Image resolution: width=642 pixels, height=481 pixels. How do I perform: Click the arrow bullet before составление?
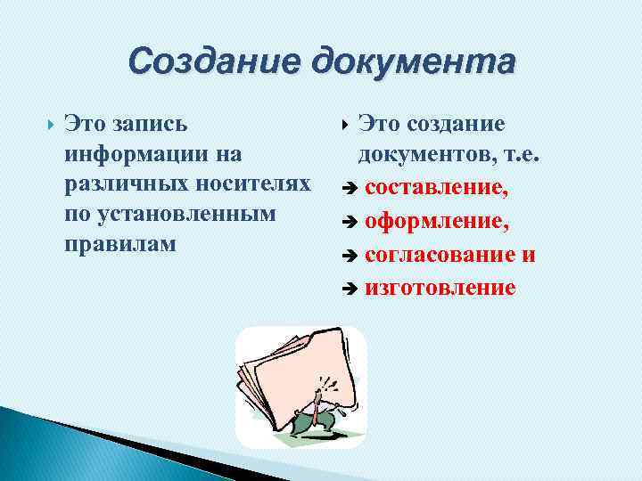350,189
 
